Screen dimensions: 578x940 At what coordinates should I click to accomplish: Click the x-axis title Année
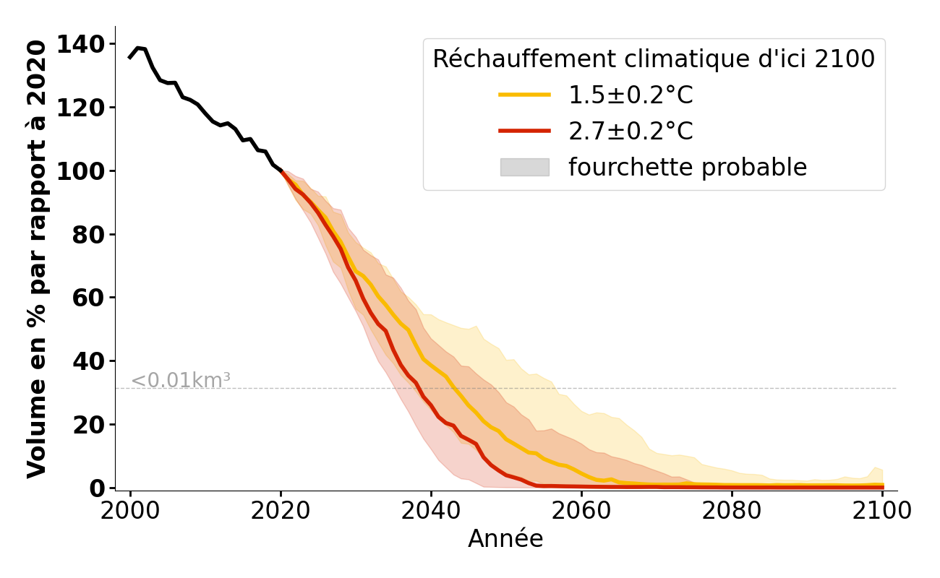point(505,539)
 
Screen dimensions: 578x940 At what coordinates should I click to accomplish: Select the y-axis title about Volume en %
point(37,259)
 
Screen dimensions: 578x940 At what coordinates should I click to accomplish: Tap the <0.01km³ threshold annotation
point(181,380)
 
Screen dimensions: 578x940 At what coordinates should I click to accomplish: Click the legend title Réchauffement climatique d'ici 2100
point(654,59)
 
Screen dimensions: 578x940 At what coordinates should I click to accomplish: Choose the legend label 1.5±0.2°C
point(631,95)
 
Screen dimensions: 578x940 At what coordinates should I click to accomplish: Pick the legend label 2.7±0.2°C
point(631,131)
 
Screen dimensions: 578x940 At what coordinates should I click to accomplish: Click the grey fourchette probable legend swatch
point(524,168)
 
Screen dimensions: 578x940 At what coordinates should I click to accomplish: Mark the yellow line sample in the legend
point(524,95)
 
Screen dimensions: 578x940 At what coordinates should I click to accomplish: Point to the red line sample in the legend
point(524,131)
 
